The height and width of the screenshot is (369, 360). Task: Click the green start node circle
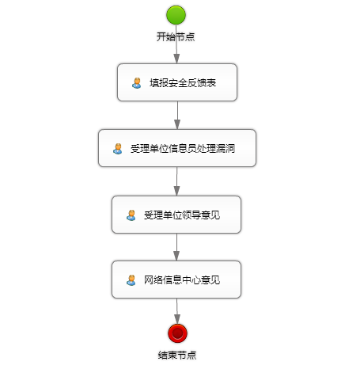(176, 15)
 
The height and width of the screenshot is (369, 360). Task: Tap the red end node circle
(178, 333)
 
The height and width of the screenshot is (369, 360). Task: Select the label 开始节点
(176, 36)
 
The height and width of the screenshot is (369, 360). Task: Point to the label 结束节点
(177, 355)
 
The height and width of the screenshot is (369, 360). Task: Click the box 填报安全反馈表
(177, 82)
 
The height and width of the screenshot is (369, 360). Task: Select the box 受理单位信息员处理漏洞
(177, 148)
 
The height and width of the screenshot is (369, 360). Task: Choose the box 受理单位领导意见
(176, 215)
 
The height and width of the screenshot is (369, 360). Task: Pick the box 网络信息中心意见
(176, 280)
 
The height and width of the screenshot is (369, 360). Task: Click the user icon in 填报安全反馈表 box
(137, 83)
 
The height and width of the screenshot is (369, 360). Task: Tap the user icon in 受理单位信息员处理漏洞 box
(118, 149)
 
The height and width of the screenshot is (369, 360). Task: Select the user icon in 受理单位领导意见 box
(131, 215)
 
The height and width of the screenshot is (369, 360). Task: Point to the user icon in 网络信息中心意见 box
(131, 280)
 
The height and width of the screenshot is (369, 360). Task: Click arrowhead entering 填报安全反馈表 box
(176, 59)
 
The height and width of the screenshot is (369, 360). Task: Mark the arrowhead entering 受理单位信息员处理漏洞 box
(177, 124)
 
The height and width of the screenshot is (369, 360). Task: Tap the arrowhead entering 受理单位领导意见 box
(176, 191)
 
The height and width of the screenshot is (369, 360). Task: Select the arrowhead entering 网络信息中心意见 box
(176, 256)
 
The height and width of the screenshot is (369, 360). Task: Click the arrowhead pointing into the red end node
(177, 319)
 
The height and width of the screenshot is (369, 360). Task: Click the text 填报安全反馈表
(183, 83)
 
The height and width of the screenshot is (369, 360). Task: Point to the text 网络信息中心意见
(182, 280)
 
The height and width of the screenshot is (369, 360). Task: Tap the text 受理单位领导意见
(182, 215)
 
